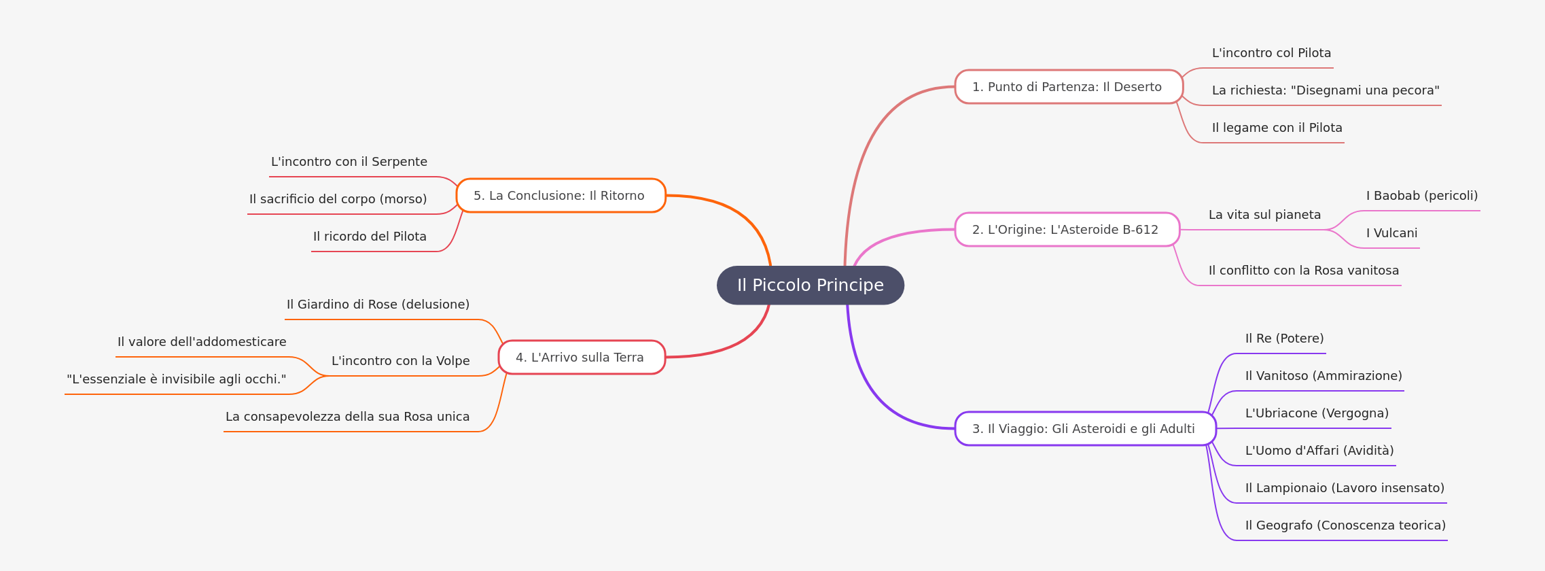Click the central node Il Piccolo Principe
click(811, 285)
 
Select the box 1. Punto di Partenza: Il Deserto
click(1069, 87)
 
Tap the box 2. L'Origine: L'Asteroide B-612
click(1067, 230)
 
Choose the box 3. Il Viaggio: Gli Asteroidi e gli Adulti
click(1085, 429)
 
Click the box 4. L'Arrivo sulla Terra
click(582, 358)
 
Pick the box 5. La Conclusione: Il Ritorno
click(561, 196)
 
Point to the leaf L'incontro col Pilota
click(1271, 53)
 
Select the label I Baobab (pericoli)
click(1422, 196)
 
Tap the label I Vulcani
click(1391, 233)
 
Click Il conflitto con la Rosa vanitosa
click(1304, 271)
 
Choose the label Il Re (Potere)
click(1284, 339)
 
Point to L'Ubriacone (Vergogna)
click(1317, 413)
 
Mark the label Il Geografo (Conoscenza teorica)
click(1345, 525)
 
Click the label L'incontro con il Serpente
click(349, 162)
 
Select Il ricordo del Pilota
click(370, 237)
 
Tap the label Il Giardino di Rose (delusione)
click(378, 305)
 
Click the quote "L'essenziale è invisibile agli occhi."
click(177, 379)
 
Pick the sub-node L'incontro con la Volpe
click(401, 361)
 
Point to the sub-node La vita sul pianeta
click(1264, 215)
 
